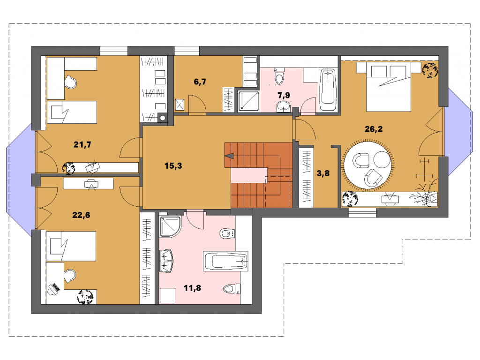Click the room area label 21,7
(x=82, y=144)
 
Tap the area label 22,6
(x=81, y=215)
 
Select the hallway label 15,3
(x=173, y=166)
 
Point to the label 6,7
(x=200, y=82)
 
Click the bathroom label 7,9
(x=284, y=96)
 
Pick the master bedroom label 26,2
(x=374, y=129)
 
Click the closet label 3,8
(x=323, y=173)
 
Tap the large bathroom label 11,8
(x=192, y=288)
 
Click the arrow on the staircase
(x=229, y=156)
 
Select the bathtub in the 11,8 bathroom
(x=225, y=261)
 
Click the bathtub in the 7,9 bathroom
(x=328, y=90)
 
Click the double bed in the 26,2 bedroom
(x=389, y=87)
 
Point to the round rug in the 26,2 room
(x=368, y=165)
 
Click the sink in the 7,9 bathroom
(x=284, y=107)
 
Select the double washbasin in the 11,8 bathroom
(x=166, y=261)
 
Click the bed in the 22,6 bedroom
(x=71, y=246)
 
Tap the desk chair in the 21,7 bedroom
(x=71, y=82)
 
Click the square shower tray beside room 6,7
(x=248, y=101)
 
